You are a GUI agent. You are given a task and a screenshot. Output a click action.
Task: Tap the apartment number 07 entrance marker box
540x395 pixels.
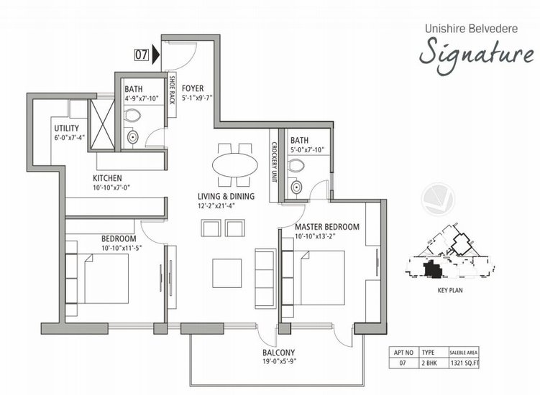point(142,53)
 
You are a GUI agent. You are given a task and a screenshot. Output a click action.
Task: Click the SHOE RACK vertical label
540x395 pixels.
point(173,90)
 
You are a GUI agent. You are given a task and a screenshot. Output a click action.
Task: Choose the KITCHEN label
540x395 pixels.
point(106,178)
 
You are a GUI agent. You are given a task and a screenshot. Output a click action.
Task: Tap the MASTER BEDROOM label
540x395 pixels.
point(326,226)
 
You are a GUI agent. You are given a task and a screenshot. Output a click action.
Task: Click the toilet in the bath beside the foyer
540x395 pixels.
point(134,115)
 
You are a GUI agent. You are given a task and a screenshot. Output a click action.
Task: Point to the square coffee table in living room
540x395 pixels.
point(227,272)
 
